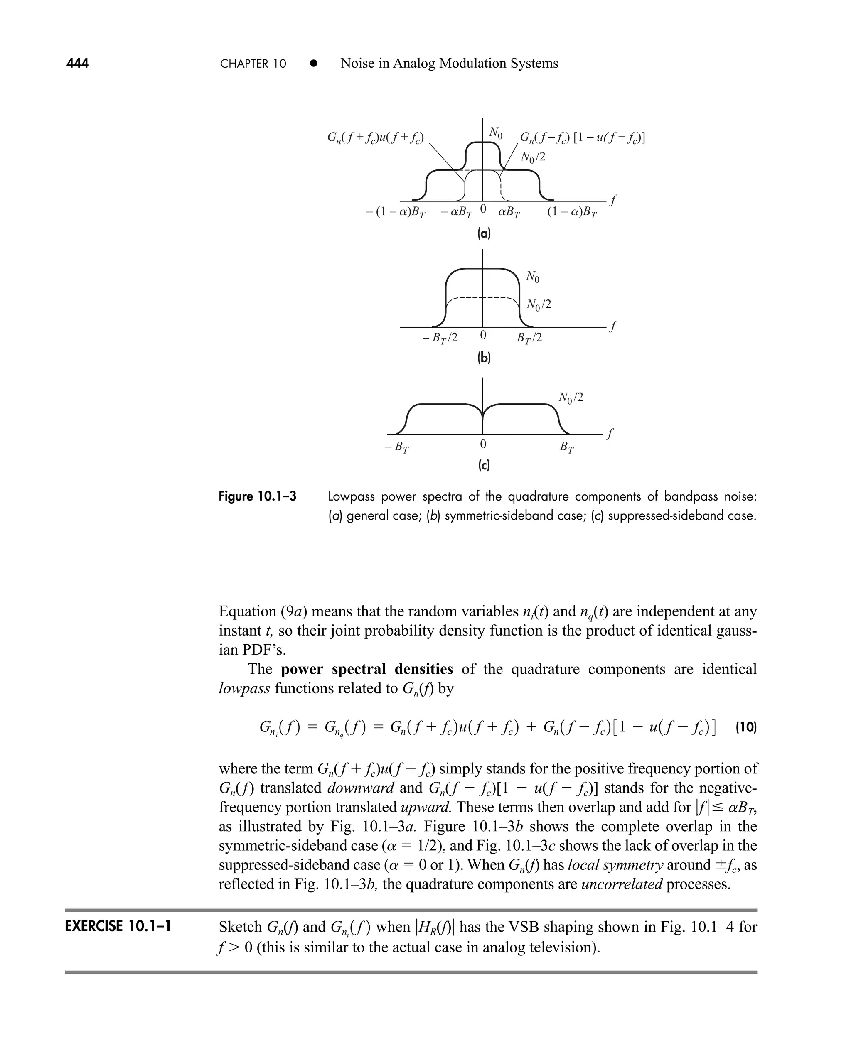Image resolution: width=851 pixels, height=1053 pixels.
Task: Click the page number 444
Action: tap(77, 64)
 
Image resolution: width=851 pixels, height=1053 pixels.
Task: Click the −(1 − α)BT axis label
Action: tap(395, 213)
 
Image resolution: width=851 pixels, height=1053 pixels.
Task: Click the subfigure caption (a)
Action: tap(484, 234)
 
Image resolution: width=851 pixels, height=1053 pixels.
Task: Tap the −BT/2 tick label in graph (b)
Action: tap(439, 338)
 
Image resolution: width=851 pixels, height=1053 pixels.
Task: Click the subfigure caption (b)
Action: tap(484, 358)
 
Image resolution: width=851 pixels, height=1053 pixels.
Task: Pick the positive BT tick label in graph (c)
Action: tap(567, 447)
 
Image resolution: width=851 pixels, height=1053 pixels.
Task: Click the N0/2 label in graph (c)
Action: tap(571, 398)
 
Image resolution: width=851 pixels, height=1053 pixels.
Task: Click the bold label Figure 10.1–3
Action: tap(257, 496)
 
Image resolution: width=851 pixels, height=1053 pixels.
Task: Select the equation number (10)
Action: tap(746, 728)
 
